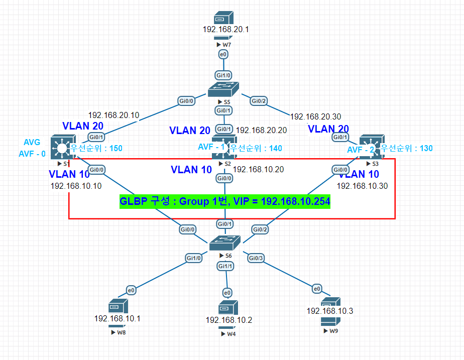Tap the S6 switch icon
click(x=224, y=244)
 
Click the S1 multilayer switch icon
click(x=63, y=146)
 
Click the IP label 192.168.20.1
click(x=226, y=30)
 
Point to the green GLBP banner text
click(x=224, y=201)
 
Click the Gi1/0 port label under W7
click(x=223, y=75)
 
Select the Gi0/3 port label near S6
click(x=256, y=258)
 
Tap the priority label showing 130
click(x=406, y=148)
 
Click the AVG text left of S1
click(x=32, y=143)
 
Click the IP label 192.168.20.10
click(x=113, y=115)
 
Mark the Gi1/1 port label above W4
click(x=225, y=266)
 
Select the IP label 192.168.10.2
click(x=228, y=320)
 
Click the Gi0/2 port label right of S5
click(x=259, y=101)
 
